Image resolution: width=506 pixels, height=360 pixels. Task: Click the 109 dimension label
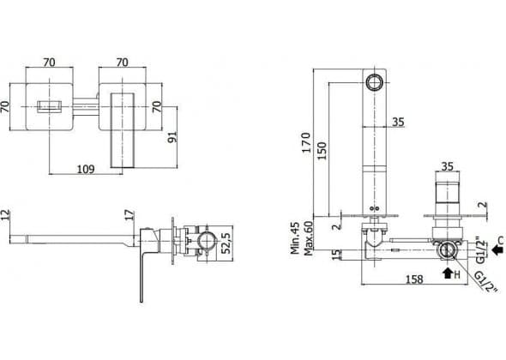(86, 169)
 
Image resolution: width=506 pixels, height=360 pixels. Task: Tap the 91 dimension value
(172, 137)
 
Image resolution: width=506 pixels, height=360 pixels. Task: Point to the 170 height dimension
(306, 142)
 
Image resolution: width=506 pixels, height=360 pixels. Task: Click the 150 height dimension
(322, 150)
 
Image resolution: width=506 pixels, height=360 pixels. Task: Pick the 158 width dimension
(414, 279)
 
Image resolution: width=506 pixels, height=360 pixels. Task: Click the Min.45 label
(295, 237)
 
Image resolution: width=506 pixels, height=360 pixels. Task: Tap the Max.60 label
(309, 238)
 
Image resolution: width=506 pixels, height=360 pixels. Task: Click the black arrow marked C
(497, 249)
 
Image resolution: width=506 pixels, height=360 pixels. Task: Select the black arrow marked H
(448, 273)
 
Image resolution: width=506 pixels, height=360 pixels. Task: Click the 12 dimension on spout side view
(5, 215)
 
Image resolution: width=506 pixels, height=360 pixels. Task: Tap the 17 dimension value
(130, 215)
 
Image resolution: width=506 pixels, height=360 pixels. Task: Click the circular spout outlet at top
(374, 81)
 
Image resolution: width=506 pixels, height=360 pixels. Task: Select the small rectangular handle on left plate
(49, 106)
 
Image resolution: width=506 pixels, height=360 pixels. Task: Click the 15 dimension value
(336, 255)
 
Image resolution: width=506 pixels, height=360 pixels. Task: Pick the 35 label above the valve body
(448, 167)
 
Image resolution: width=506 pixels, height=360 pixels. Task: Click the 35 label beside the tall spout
(398, 123)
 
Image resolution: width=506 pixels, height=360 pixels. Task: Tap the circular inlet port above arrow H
(448, 249)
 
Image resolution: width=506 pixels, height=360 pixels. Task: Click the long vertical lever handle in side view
(142, 274)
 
